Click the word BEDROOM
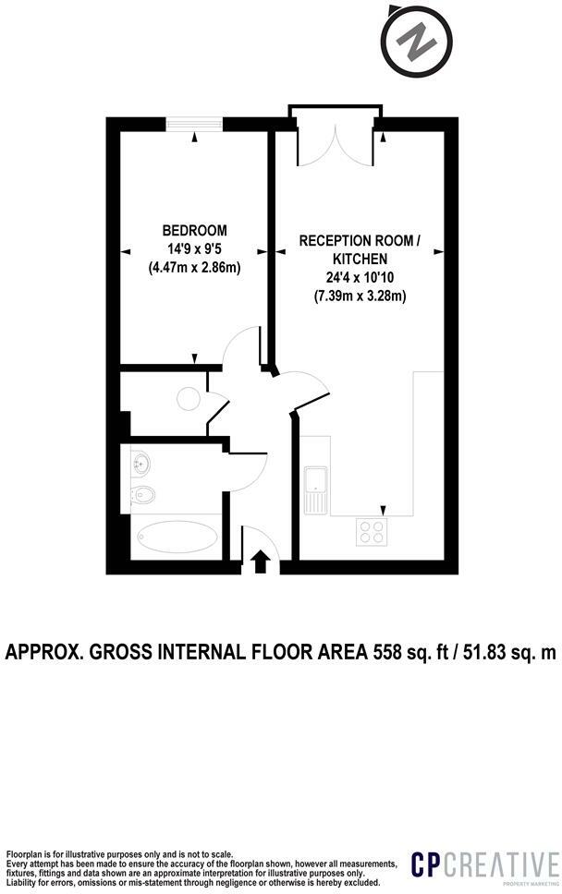[x=194, y=230]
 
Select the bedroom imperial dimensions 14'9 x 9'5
[x=194, y=248]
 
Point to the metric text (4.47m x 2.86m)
[x=194, y=268]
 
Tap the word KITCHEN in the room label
[x=360, y=260]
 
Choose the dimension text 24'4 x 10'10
[x=360, y=278]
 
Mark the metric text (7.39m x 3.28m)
[x=360, y=296]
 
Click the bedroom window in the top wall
[x=194, y=124]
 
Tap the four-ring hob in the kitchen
[x=372, y=531]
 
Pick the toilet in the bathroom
[x=143, y=496]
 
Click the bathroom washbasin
[x=140, y=462]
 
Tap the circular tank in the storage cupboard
[x=188, y=398]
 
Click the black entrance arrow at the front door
[x=261, y=561]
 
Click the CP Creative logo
[x=484, y=867]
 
